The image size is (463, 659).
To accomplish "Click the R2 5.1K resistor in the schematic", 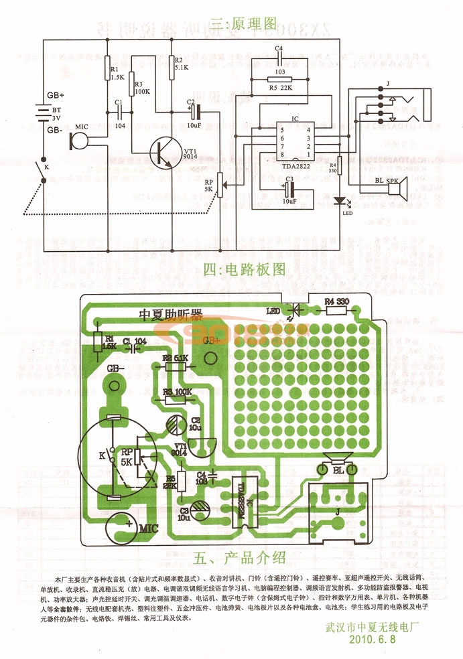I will (171, 64).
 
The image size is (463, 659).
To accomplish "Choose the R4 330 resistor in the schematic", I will (339, 165).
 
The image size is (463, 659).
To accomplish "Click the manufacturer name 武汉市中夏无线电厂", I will (373, 628).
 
